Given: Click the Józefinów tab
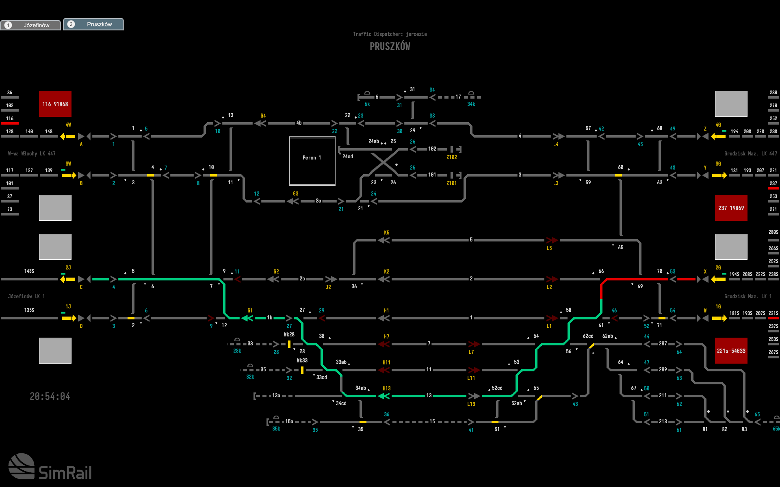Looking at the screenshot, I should coord(31,25).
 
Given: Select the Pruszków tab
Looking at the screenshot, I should coord(93,24).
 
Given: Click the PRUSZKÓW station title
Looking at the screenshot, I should coord(390,46).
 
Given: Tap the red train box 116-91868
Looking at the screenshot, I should coord(55,104).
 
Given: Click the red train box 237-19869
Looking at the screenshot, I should coord(731,208).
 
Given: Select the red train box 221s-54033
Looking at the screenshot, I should coord(731,351).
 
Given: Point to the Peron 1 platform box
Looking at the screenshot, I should coord(312,161).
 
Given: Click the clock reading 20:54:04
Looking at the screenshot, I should coord(50,396).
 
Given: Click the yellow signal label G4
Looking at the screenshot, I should coord(263,116).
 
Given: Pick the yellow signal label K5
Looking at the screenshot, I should coord(386,233).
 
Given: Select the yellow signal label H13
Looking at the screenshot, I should coord(386,388).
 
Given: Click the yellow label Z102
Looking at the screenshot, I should coord(452,157).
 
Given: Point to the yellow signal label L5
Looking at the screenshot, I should coord(549,248).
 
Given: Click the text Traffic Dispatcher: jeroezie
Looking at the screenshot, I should coord(390,34).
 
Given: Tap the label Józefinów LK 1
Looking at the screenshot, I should coord(26,297).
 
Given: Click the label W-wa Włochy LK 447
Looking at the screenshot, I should coord(32,154).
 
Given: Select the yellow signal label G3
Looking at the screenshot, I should coord(296,194).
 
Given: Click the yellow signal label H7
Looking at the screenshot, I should coord(386,337).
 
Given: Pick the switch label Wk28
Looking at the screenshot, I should coord(289,335).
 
